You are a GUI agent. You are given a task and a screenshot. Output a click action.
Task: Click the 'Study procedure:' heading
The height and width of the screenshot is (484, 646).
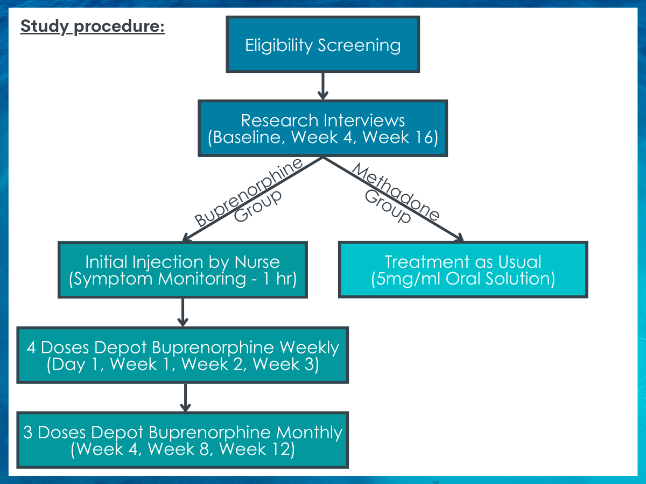(93, 26)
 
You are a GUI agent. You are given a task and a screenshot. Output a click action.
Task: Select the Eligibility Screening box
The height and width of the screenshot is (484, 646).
(323, 45)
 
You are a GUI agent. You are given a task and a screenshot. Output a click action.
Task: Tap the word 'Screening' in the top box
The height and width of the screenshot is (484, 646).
(359, 46)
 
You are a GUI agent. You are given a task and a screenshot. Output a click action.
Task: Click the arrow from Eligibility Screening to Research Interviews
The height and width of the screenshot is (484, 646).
(323, 86)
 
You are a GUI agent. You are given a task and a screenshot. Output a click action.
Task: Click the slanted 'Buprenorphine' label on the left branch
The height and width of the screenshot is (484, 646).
(248, 192)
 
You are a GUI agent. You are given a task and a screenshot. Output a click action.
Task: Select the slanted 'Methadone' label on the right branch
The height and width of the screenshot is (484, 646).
(396, 191)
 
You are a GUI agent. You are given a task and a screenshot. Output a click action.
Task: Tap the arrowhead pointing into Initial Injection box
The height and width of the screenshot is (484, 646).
(186, 238)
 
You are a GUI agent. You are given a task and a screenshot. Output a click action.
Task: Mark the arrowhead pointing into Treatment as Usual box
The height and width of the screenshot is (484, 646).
(460, 238)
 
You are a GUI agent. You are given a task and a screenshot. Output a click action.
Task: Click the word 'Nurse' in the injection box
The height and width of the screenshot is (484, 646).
(257, 262)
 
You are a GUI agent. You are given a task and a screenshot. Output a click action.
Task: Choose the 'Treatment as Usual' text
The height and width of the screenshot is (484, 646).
(463, 262)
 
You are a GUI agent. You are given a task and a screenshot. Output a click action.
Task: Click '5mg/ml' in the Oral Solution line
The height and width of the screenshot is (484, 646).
(408, 279)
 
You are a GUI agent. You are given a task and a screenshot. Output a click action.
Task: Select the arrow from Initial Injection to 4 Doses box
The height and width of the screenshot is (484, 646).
(182, 312)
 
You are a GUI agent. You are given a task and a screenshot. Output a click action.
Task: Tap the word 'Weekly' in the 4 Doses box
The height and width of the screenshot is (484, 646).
(310, 348)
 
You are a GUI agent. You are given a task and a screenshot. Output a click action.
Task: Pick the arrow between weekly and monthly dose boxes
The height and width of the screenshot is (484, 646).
(185, 397)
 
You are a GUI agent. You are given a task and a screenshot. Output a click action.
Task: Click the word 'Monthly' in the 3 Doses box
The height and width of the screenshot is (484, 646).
(309, 433)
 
